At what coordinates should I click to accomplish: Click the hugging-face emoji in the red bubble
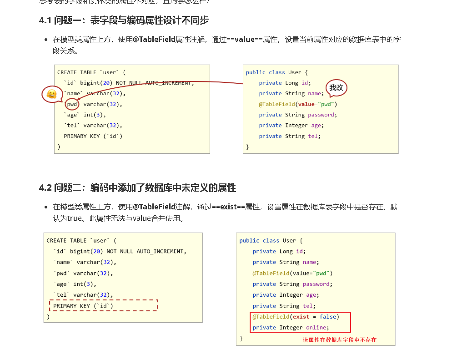pos(52,94)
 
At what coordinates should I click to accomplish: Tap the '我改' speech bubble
pos(336,88)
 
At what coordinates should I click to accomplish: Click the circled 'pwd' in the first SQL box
pos(72,104)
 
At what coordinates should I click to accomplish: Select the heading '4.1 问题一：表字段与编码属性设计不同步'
pos(124,20)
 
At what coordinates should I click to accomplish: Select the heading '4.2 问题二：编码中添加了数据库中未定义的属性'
pos(137,188)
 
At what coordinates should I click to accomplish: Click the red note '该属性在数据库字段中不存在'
pos(340,340)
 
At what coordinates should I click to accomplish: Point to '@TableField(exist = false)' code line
pos(296,317)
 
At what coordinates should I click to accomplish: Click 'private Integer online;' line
pos(291,328)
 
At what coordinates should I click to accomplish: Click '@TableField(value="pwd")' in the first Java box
pos(298,104)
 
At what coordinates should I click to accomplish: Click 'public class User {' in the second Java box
pos(271,241)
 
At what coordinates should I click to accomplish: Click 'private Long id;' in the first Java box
pos(285,83)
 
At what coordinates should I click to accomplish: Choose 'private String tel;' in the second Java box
pos(283,306)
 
